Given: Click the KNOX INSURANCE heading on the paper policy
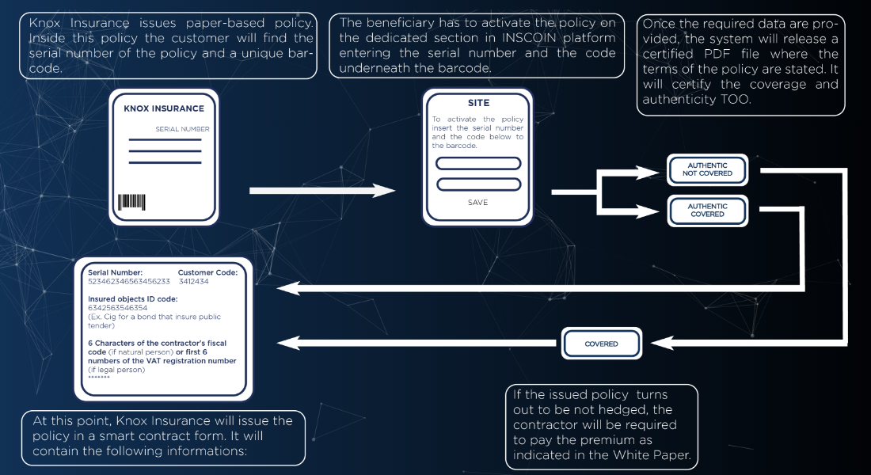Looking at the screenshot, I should (x=164, y=108).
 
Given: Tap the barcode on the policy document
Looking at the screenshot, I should (x=132, y=201).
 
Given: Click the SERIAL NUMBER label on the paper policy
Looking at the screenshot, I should (x=182, y=128).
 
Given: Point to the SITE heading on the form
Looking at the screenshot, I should (x=478, y=103).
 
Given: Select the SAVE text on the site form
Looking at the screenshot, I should (x=478, y=203).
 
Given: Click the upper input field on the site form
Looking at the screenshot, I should (x=478, y=164).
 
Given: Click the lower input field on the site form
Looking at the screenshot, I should (x=478, y=184).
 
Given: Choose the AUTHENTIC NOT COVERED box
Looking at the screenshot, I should (x=707, y=169).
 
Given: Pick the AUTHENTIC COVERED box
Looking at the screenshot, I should (x=707, y=210).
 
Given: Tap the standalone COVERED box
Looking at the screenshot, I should (x=601, y=344).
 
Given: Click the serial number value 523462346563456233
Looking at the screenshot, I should (x=129, y=281).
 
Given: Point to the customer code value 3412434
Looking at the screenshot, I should (x=194, y=281).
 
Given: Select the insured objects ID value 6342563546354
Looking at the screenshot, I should (x=117, y=307).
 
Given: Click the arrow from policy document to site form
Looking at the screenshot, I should (x=321, y=191).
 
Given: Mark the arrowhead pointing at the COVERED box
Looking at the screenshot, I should (x=663, y=343).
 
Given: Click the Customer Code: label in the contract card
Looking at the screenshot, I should (x=207, y=272).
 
